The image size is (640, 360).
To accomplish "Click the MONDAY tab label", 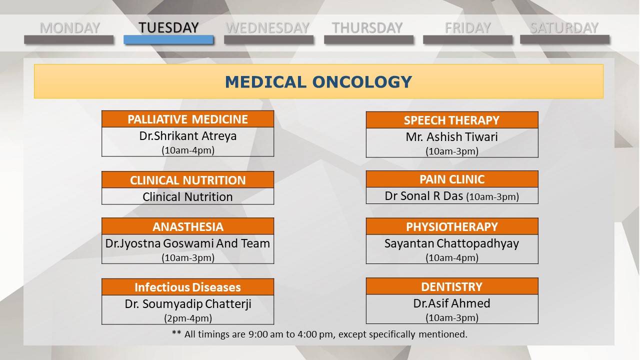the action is (69, 28).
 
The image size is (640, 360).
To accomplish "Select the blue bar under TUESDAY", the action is (168, 39).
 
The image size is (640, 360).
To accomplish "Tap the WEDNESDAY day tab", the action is (267, 28).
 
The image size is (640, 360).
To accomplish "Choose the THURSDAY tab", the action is (367, 28).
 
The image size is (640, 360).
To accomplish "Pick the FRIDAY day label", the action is (467, 28).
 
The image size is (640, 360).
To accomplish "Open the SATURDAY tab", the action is (564, 28).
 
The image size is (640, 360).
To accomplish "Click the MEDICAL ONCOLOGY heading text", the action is (318, 82).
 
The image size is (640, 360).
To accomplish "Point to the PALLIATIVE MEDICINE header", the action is (187, 119).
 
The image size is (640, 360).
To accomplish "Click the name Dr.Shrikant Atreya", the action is (187, 136).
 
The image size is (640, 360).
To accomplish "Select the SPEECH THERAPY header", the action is (452, 120).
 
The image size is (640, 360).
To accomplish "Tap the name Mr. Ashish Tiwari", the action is (451, 137).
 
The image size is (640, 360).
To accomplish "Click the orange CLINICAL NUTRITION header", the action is (187, 180).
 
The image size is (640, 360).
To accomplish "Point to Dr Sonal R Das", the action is (423, 196).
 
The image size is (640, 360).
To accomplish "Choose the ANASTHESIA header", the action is (187, 226).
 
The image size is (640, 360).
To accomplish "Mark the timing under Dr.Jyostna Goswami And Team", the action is (188, 257).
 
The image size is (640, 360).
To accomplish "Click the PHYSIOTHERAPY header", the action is (452, 226).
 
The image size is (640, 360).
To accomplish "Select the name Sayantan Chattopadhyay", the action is (451, 243).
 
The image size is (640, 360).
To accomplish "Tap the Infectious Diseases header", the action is (187, 287).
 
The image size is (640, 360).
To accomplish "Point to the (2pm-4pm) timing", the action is (188, 318).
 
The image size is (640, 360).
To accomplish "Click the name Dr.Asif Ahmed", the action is (451, 303).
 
